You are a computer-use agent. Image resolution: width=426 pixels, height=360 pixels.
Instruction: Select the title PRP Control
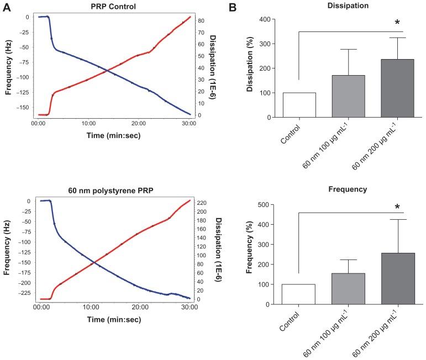click(x=114, y=7)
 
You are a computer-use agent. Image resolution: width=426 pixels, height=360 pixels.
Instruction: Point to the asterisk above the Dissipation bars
click(x=397, y=23)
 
